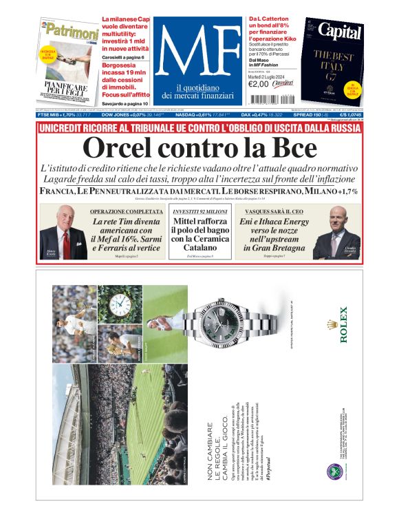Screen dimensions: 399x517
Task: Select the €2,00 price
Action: pyautogui.click(x=259, y=84)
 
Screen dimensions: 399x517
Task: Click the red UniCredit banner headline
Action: pyautogui.click(x=199, y=129)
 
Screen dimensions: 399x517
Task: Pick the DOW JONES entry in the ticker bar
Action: pyautogui.click(x=122, y=115)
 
